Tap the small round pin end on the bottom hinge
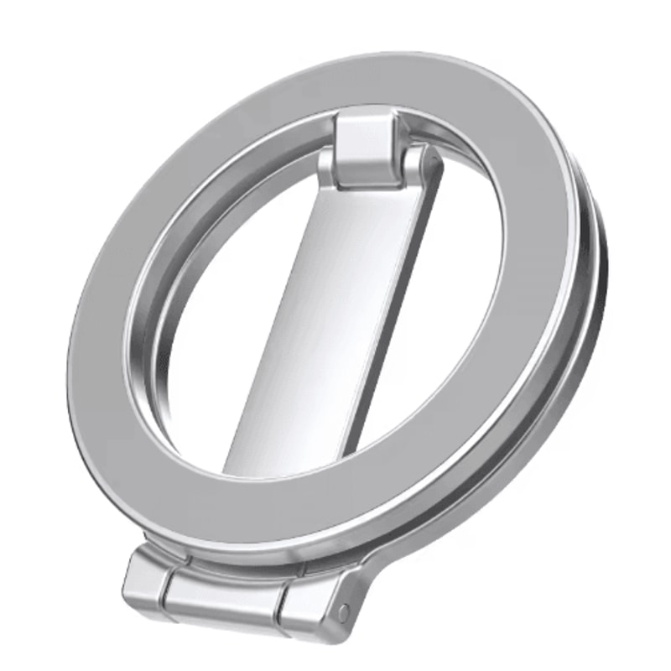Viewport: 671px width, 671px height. click(x=342, y=613)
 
